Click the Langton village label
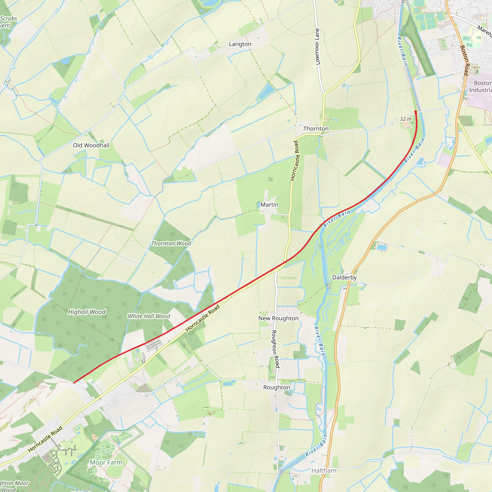point(240,44)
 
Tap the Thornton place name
point(316,129)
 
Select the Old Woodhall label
point(91,145)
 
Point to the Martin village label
point(269,205)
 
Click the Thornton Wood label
point(171,243)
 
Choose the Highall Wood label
point(86,312)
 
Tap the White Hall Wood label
point(149,316)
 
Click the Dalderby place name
point(344,277)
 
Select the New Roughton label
point(278,318)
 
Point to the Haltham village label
point(324,471)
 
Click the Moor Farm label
point(106,462)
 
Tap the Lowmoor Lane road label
point(317,47)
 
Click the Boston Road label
point(464,60)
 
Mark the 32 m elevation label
point(406,119)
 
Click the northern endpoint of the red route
point(416,111)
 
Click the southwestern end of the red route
point(74,382)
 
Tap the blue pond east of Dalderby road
point(381,247)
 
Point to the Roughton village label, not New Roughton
point(277,387)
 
